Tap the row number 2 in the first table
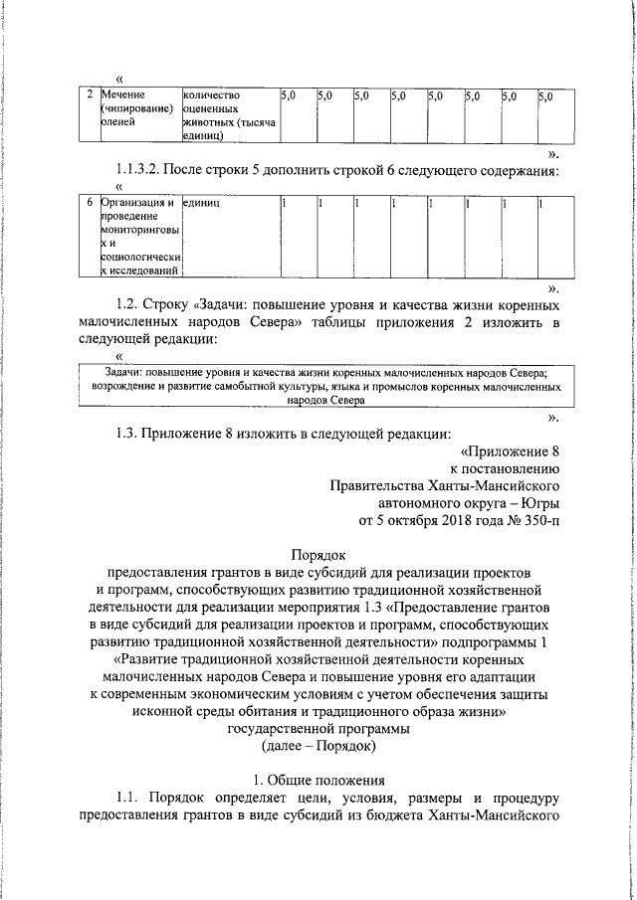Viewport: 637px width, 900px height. point(90,95)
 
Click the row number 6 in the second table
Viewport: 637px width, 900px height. point(90,203)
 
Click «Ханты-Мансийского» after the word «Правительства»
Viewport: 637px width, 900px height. point(495,484)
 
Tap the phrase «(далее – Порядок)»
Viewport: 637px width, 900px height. point(318,744)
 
